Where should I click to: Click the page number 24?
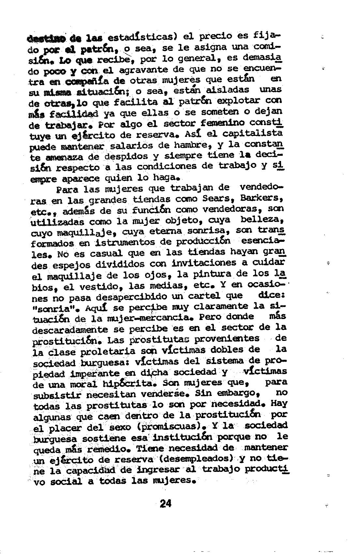click(165, 503)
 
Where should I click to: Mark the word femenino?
click(223, 124)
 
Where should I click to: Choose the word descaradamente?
click(70, 329)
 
